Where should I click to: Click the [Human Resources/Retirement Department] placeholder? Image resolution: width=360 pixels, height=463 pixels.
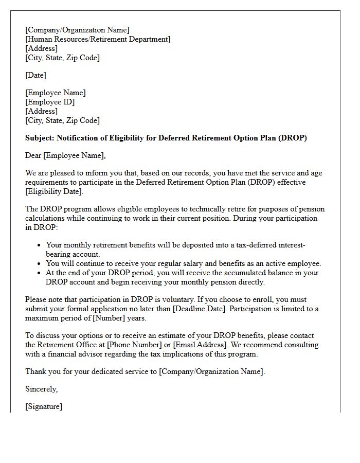coord(98,39)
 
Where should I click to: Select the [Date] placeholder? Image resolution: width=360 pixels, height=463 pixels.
coord(35,75)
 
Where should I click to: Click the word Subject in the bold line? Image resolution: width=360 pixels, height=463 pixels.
coord(39,138)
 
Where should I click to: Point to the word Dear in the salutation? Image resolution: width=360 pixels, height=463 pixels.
coord(33,155)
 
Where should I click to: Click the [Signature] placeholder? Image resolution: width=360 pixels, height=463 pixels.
coord(44,406)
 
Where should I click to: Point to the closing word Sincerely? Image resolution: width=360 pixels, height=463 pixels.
coord(41,389)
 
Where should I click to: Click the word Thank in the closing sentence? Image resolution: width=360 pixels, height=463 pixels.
coord(35,371)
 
